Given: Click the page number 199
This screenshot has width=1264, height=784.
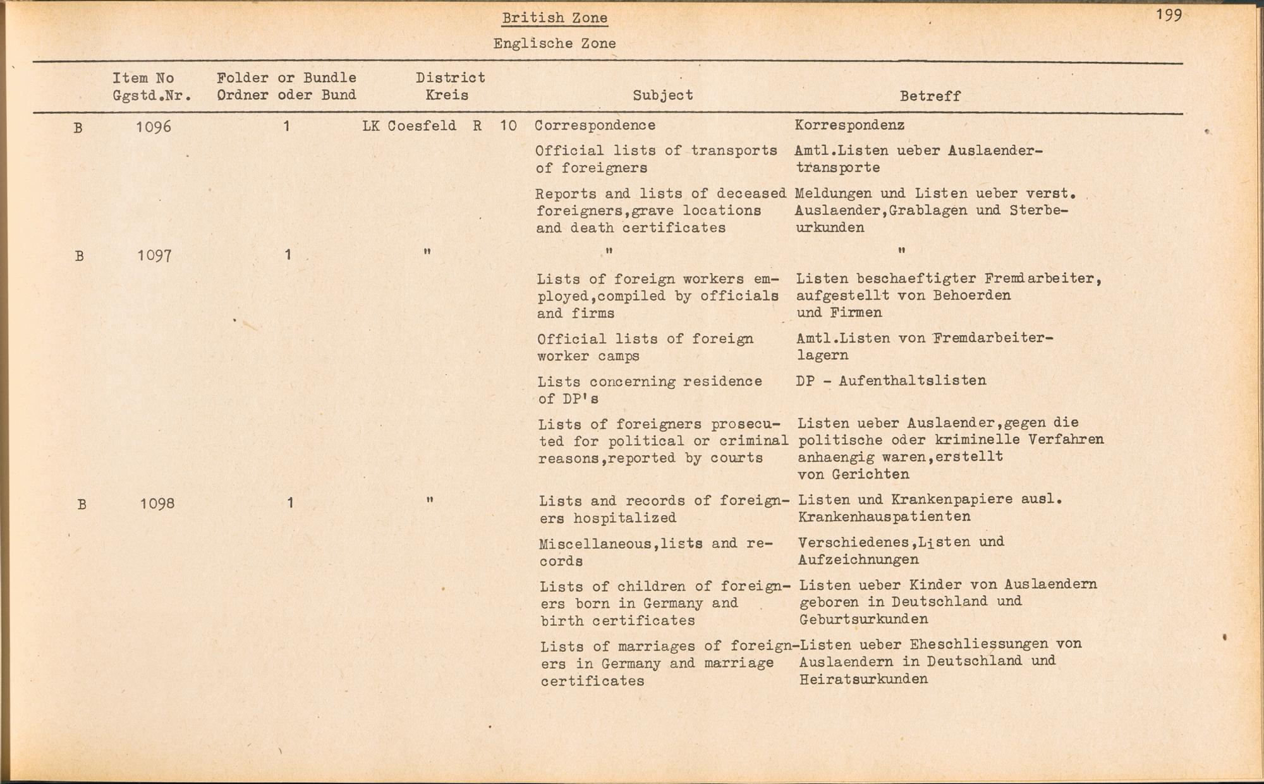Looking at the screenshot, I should pyautogui.click(x=1169, y=15).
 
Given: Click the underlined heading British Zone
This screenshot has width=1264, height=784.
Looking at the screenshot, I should pyautogui.click(x=554, y=18).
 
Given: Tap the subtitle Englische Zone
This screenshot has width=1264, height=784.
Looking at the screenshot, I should pyautogui.click(x=554, y=44).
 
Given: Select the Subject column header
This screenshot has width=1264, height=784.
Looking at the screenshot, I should pyautogui.click(x=662, y=95).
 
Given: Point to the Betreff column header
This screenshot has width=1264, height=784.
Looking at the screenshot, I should pyautogui.click(x=930, y=96).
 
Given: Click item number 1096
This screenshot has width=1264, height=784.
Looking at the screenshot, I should pyautogui.click(x=154, y=127).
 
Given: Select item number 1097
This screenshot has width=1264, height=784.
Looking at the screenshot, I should pyautogui.click(x=155, y=255).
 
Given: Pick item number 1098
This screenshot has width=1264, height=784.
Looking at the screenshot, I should pyautogui.click(x=157, y=504).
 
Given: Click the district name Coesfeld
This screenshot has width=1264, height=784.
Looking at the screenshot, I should pyautogui.click(x=422, y=126).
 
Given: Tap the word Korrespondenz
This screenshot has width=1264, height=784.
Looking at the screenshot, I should pyautogui.click(x=849, y=125).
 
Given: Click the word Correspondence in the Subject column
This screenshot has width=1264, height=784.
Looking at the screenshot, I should pyautogui.click(x=595, y=125).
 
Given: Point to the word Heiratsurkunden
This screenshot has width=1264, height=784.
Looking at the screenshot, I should pyautogui.click(x=863, y=680).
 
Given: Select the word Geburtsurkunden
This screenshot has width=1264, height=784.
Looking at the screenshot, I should pyautogui.click(x=863, y=620).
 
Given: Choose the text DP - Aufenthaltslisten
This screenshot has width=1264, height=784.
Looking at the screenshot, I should pyautogui.click(x=891, y=381).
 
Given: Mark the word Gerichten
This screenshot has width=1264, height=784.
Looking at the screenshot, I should pyautogui.click(x=871, y=474).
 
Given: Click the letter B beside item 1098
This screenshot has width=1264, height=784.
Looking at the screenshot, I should pyautogui.click(x=82, y=505).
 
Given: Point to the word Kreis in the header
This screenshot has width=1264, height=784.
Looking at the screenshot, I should pyautogui.click(x=447, y=95).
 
